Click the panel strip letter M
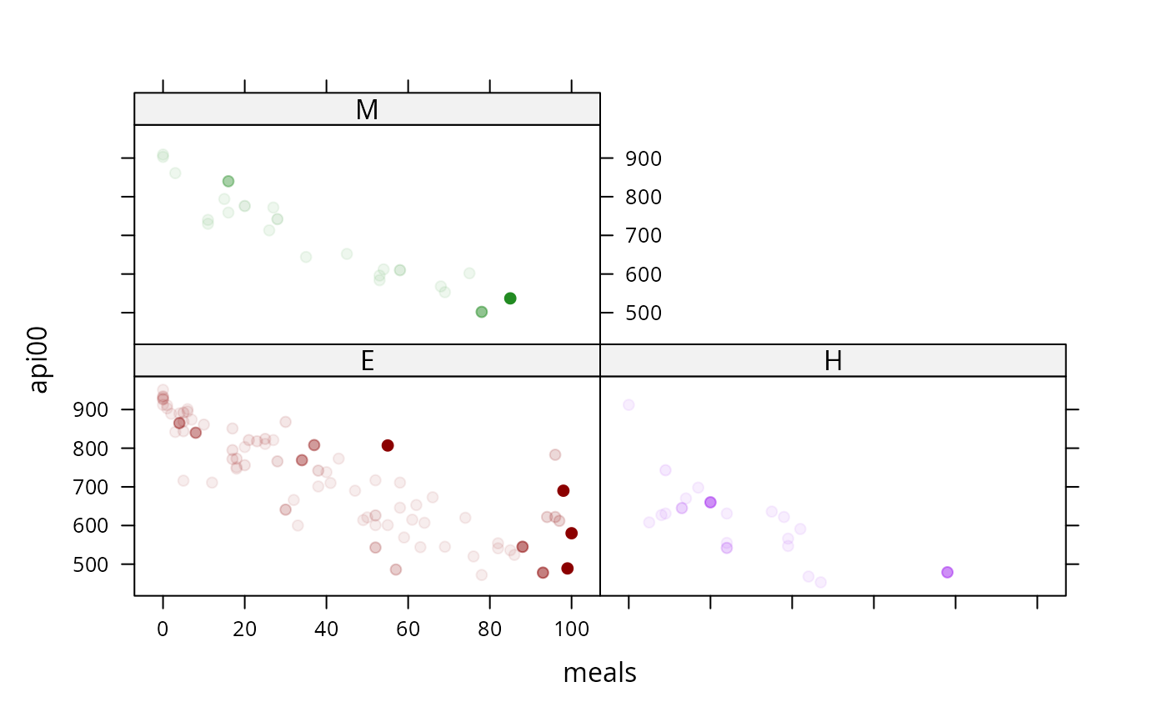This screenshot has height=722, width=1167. click(367, 109)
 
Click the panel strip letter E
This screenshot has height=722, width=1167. click(368, 360)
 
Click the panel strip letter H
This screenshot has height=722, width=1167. click(833, 360)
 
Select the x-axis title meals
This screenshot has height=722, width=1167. click(599, 673)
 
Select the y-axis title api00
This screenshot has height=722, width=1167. click(38, 360)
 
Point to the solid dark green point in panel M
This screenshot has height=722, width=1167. click(510, 298)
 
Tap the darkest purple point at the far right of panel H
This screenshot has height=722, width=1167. click(947, 573)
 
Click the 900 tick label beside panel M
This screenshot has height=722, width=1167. click(644, 159)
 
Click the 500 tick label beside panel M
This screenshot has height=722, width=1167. click(644, 313)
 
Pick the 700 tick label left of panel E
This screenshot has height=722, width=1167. click(91, 488)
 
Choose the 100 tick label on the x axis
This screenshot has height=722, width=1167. click(572, 629)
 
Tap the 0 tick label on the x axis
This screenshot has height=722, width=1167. click(163, 629)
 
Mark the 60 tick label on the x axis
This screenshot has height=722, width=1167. click(408, 629)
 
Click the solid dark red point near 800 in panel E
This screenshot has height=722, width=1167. click(387, 445)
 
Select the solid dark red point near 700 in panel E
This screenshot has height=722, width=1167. click(563, 491)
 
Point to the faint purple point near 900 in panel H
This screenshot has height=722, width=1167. click(629, 404)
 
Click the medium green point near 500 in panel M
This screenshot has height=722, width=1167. click(482, 312)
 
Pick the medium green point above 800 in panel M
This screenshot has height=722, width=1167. click(228, 181)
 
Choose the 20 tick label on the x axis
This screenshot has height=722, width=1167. click(244, 629)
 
